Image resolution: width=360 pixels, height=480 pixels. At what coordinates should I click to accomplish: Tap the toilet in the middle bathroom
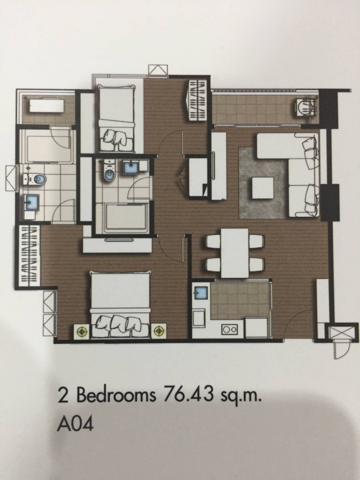point(109,170)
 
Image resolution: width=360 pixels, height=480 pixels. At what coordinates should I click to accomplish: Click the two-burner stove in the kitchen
point(229,329)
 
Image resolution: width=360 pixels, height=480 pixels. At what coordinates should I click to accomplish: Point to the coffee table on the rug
point(263,188)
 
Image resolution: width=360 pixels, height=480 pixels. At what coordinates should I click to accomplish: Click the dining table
point(235,253)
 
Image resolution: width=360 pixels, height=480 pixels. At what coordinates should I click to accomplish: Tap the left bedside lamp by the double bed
point(82,331)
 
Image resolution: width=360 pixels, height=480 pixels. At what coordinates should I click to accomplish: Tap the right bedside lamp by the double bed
point(159,330)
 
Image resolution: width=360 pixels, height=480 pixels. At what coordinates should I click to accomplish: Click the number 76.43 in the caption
point(188,395)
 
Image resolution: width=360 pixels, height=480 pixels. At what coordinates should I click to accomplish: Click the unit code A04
point(74,424)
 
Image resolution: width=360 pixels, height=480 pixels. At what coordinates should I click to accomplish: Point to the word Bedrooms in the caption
point(116,396)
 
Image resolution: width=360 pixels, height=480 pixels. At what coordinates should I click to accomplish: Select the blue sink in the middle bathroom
point(131,168)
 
